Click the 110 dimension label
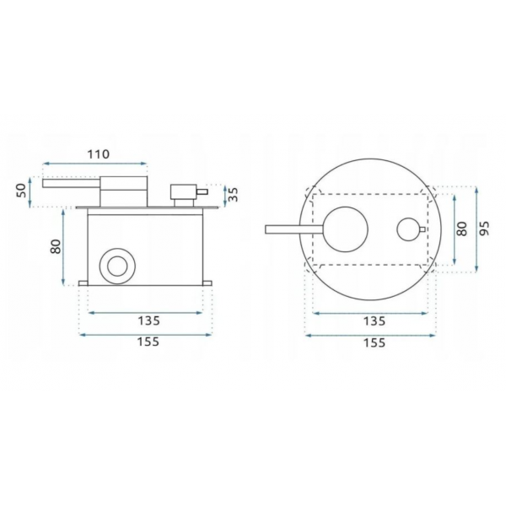(99, 154)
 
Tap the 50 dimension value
(20, 191)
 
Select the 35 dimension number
(233, 195)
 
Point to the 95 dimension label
(484, 229)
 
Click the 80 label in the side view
(56, 246)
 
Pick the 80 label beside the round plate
(462, 229)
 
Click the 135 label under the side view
(148, 320)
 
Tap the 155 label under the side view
(148, 342)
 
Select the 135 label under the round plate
(374, 321)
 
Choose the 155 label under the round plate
(374, 342)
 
